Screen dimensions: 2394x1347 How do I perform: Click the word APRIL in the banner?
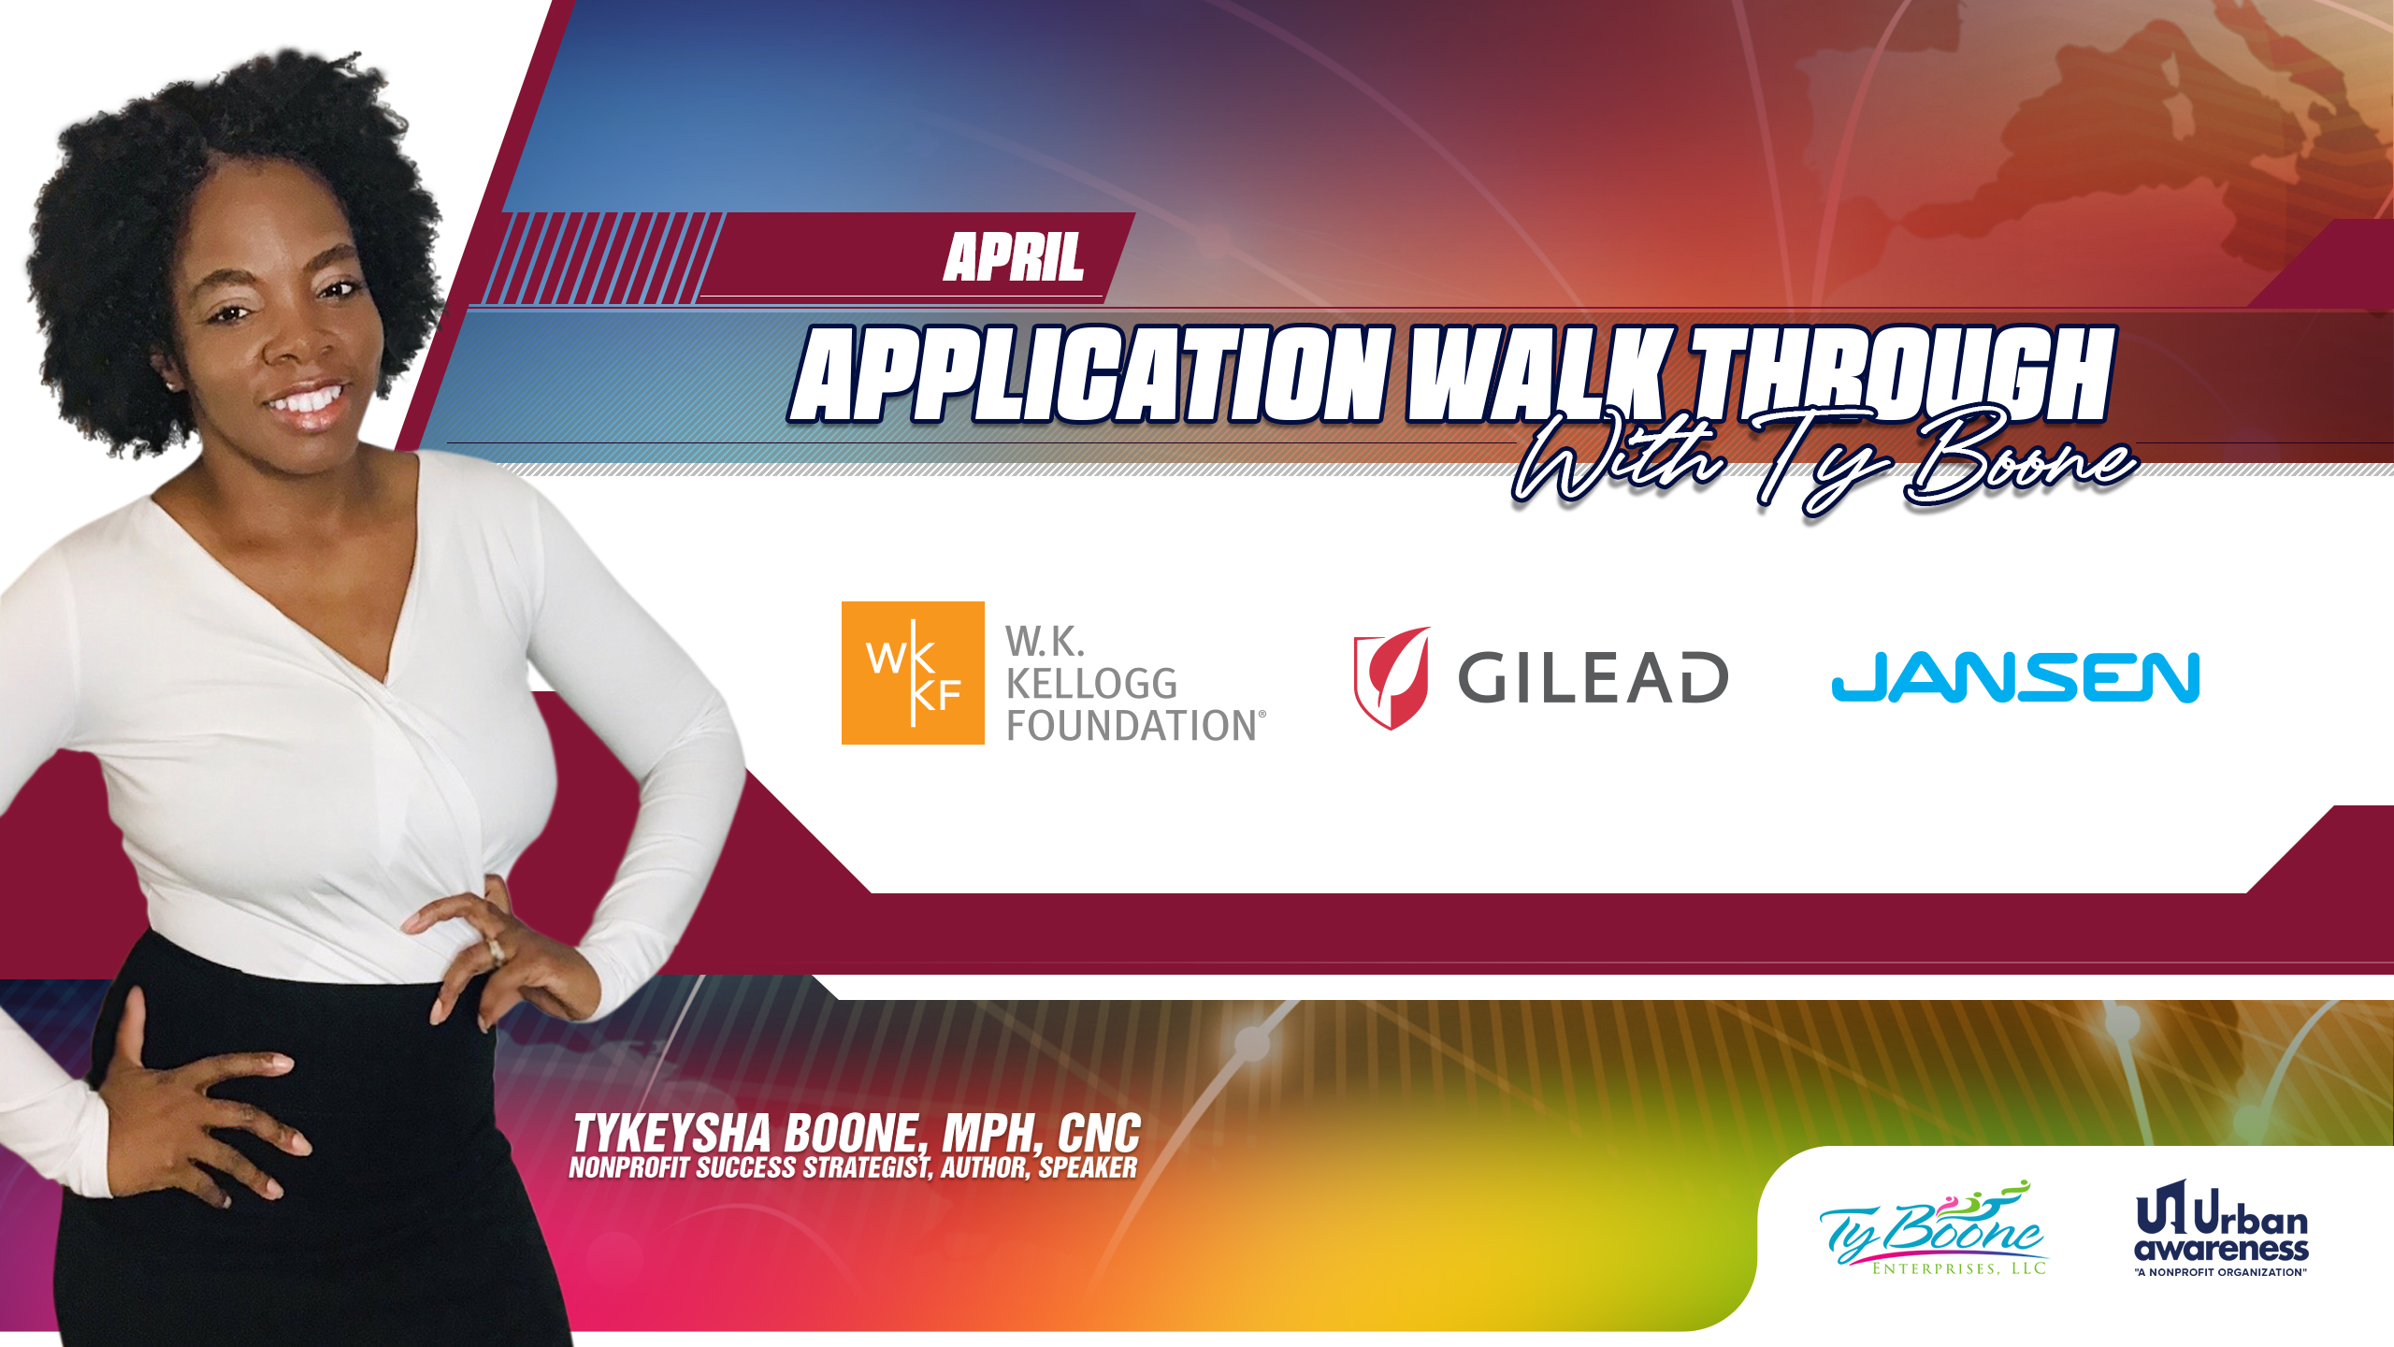1014,257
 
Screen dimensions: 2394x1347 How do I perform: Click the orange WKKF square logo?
913,673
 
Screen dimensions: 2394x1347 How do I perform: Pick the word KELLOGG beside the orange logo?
1091,684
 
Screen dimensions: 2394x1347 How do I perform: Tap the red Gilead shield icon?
1392,677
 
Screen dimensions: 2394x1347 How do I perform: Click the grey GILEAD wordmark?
1593,677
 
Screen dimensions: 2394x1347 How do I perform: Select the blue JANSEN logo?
2015,677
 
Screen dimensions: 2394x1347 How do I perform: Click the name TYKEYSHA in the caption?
672,1134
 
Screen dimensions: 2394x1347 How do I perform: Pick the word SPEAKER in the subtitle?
1089,1168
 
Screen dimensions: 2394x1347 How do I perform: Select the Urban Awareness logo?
2222,1228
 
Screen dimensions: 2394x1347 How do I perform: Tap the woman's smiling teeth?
306,401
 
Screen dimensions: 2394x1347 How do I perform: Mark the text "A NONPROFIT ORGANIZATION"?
2221,1272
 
